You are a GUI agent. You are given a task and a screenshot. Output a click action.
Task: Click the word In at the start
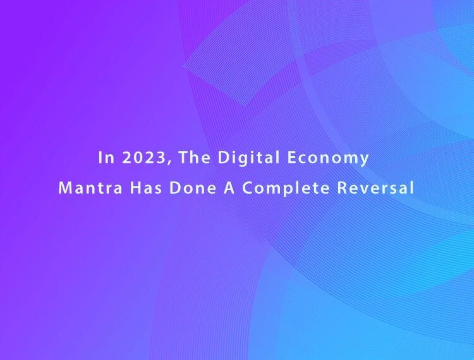tap(106, 157)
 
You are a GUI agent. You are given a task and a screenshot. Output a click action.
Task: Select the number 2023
tap(144, 157)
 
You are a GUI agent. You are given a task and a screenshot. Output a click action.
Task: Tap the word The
tap(194, 157)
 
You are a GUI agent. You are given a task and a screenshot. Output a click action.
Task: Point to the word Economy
tap(328, 159)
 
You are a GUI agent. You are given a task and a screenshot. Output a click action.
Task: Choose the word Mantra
tap(90, 188)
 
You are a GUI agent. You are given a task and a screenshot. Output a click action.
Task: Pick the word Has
tap(146, 188)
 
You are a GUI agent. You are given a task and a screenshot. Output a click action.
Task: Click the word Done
tap(193, 188)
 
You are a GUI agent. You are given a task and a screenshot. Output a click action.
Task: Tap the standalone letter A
tap(229, 188)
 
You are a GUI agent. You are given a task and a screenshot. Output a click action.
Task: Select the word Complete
tap(286, 188)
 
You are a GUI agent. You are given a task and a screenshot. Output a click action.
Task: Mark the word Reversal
tap(375, 187)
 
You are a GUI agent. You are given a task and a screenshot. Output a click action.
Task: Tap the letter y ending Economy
tap(364, 160)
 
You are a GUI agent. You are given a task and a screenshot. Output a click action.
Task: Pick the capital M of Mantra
tap(65, 188)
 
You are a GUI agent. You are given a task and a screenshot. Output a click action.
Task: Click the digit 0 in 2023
tap(138, 157)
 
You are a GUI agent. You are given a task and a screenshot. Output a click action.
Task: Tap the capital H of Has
tap(136, 188)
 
